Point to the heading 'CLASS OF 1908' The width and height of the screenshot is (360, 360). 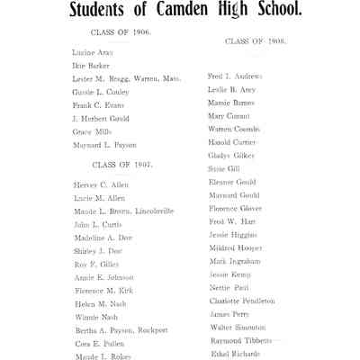(255, 41)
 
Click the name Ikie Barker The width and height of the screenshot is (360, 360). (91, 66)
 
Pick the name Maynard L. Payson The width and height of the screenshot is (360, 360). (104, 145)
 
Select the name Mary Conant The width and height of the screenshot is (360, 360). (229, 116)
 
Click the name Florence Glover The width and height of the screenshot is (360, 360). (235, 208)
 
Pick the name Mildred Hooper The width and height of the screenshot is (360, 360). (234, 247)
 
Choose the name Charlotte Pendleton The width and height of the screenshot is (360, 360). (242, 301)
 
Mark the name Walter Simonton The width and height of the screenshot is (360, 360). (238, 327)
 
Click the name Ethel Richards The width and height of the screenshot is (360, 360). (235, 354)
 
